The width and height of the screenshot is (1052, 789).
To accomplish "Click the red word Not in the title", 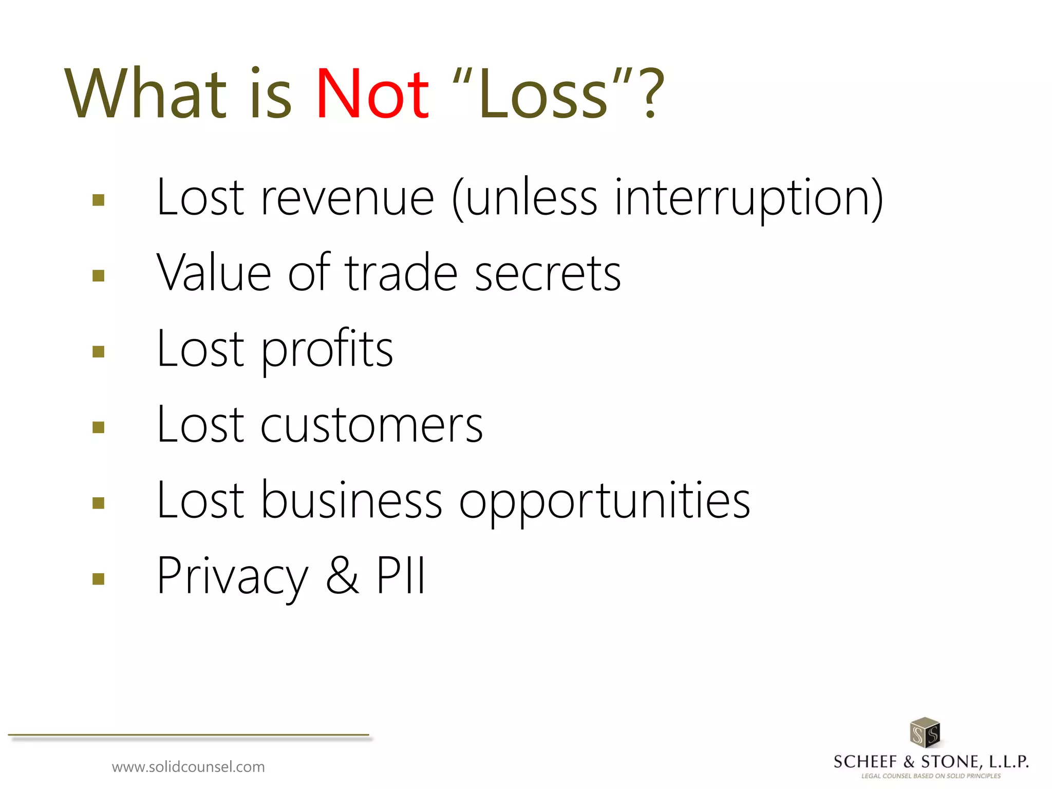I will pos(372,95).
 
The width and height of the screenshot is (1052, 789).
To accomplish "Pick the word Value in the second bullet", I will pos(214,273).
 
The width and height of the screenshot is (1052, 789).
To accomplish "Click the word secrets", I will pos(548,273).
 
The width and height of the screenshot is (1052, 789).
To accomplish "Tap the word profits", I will pos(327,349).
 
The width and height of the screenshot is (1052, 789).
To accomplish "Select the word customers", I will pos(371,425).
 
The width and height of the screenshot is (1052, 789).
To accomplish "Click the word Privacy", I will pos(232,576).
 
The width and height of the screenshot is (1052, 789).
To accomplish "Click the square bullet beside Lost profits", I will pos(98,351).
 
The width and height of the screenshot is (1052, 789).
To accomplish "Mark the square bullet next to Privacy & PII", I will pos(98,579).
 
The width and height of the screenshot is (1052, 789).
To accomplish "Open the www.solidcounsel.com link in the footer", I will pos(188,767).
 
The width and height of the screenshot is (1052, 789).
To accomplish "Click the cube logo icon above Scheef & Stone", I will pos(925,732).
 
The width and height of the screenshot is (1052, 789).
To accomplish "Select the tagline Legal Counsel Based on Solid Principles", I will pos(931,776).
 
